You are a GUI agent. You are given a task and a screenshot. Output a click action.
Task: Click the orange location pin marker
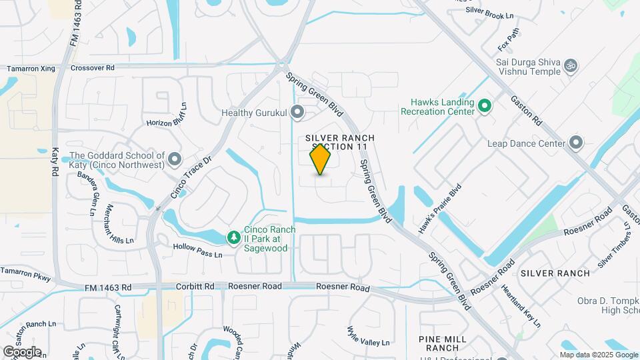(321, 159)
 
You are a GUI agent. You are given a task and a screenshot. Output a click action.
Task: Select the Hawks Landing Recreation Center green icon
(485, 106)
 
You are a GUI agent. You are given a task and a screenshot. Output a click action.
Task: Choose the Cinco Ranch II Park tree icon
(233, 237)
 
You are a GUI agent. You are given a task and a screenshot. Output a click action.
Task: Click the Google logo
(22, 351)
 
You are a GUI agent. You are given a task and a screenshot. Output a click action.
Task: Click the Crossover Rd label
(93, 68)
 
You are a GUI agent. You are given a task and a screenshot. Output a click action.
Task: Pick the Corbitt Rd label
(195, 287)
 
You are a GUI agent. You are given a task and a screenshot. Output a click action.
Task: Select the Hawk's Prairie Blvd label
(439, 209)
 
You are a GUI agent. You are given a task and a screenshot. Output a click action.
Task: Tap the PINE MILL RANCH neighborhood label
(438, 343)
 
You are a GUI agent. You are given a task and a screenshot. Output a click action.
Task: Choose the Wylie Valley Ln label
(368, 337)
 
